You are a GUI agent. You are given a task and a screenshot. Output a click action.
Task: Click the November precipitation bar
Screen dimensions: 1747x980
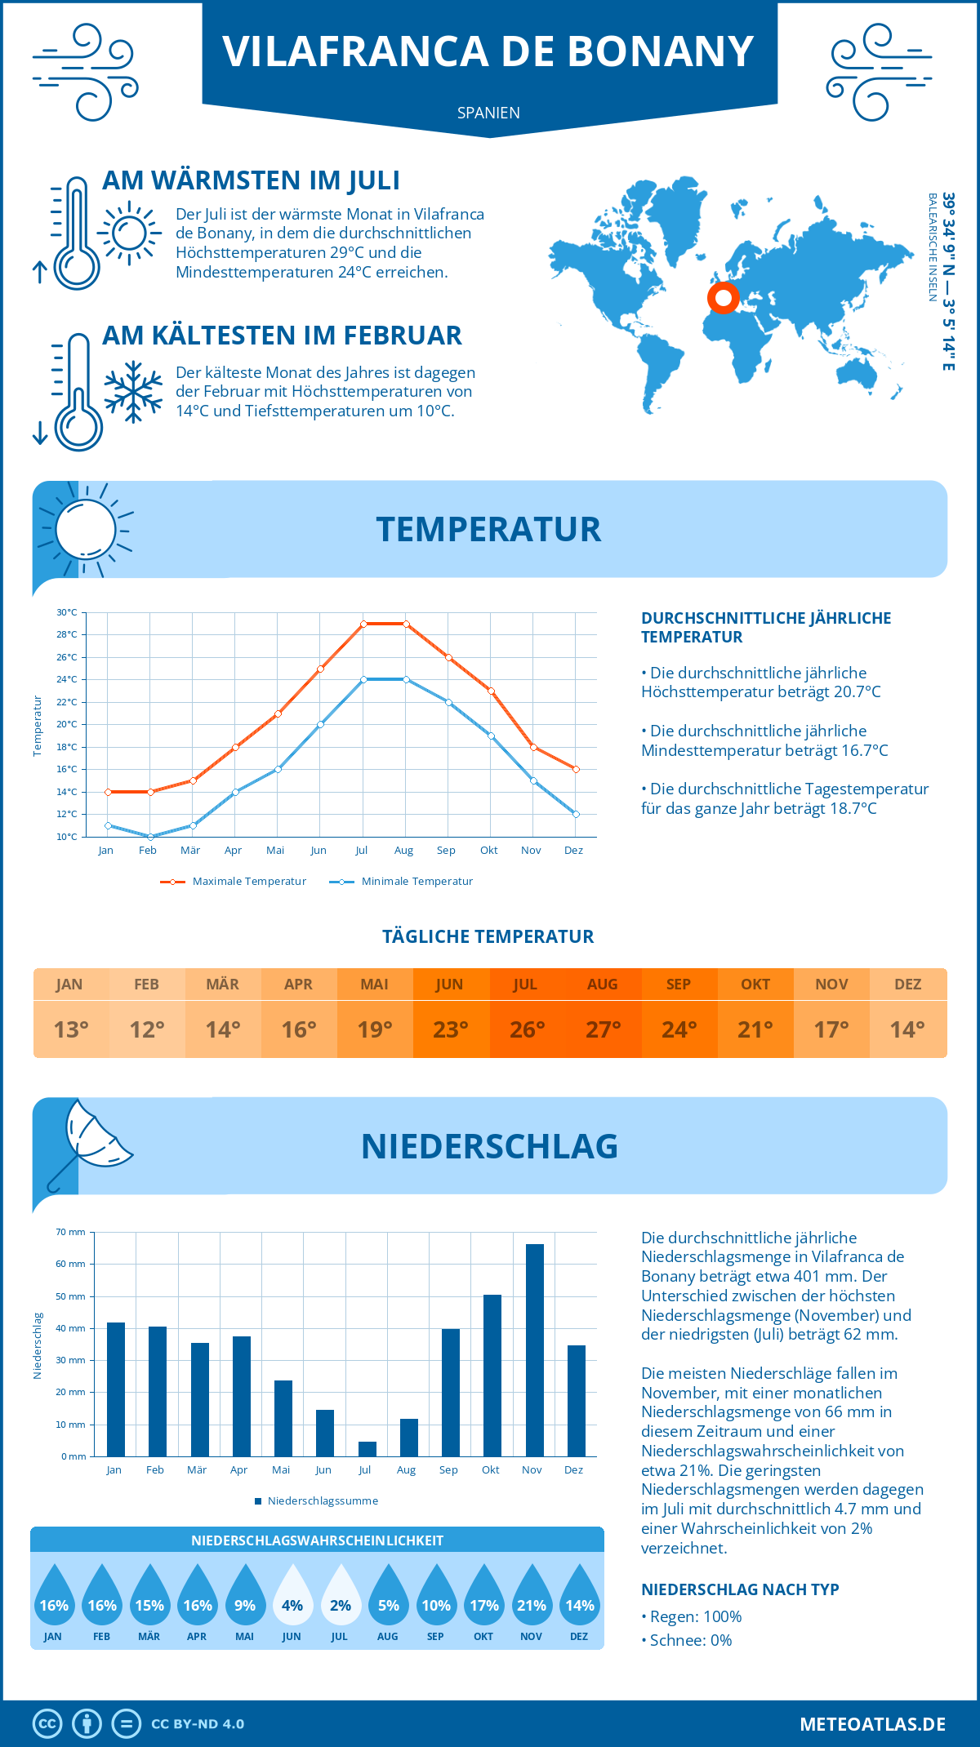(x=535, y=1350)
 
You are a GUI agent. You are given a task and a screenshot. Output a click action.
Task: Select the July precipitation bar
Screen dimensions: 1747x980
(x=367, y=1449)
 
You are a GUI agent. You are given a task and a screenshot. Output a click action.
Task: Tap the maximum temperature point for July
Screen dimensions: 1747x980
(x=363, y=624)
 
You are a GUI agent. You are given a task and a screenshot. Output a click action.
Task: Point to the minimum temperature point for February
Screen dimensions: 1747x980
(x=150, y=837)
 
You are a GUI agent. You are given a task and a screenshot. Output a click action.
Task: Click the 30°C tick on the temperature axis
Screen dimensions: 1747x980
(x=67, y=612)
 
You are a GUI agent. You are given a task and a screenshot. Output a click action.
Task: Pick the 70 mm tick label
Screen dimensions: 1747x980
(x=71, y=1232)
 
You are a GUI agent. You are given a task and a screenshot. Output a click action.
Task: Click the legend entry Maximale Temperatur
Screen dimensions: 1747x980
(x=248, y=882)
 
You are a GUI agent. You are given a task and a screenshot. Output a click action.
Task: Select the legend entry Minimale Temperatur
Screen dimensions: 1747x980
(x=416, y=882)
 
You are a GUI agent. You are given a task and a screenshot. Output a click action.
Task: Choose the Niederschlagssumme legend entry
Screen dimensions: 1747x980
(x=322, y=1501)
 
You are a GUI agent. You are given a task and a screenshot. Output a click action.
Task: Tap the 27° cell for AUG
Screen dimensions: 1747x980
(x=603, y=1029)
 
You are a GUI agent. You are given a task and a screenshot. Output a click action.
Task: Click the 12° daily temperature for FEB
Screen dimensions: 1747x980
(x=147, y=1029)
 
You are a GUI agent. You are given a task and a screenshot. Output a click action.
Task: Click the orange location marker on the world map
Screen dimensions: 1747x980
(x=723, y=298)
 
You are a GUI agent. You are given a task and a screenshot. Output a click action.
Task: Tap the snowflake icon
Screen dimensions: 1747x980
(x=133, y=392)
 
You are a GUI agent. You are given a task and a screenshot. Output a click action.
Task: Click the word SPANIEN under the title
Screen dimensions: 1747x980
(x=488, y=113)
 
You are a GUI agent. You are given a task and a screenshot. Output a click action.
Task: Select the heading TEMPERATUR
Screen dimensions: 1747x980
(x=488, y=529)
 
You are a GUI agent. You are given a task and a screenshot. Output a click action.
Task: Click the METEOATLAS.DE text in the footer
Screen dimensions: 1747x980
(x=872, y=1724)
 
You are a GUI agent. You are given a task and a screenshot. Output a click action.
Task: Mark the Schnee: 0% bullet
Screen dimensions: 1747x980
(x=690, y=1640)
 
